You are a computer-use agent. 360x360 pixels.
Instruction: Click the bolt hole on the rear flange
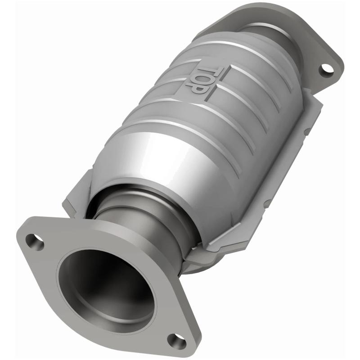(x=327, y=69)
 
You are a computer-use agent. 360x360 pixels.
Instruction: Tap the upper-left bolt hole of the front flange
(x=35, y=242)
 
